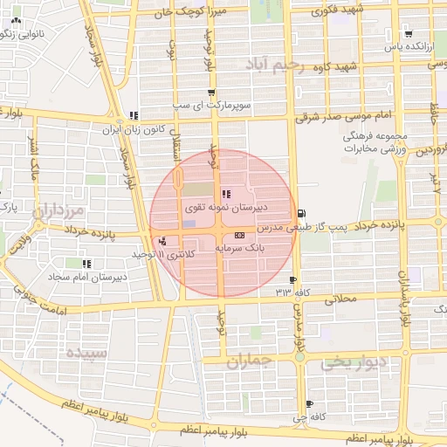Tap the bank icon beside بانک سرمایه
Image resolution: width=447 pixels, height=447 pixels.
(239, 236)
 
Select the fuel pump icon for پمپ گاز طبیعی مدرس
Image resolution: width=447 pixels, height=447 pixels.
(302, 213)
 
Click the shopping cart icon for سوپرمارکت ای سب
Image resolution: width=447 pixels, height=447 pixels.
(211, 93)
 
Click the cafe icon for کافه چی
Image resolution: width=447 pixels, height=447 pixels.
(310, 403)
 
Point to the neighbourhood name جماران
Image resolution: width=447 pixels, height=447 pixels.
(254, 361)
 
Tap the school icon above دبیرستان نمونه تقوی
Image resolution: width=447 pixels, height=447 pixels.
(226, 195)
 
